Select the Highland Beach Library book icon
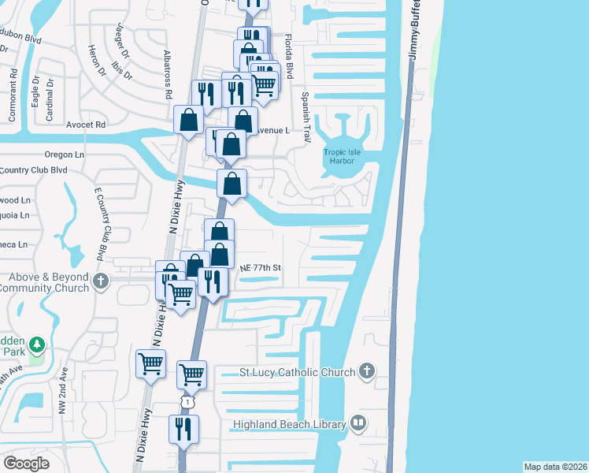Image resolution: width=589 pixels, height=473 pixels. (x=359, y=424)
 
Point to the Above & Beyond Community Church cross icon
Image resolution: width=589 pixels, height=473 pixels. (x=100, y=281)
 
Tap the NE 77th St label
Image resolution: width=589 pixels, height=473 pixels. (x=261, y=268)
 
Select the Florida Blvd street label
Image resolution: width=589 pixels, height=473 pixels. (x=289, y=56)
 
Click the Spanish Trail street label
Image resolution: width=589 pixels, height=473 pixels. (x=306, y=112)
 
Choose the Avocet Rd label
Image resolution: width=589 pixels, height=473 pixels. (x=85, y=125)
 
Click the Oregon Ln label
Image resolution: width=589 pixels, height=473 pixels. (x=65, y=155)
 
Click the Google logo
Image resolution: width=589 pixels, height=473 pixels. (x=26, y=464)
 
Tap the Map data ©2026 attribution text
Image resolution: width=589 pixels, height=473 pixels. (x=555, y=467)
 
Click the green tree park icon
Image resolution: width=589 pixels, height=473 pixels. (x=36, y=345)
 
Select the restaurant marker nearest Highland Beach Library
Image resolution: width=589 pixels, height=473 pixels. (x=184, y=430)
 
